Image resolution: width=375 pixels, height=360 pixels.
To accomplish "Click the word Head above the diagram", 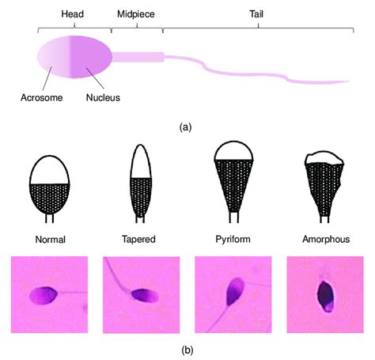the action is [x=73, y=14].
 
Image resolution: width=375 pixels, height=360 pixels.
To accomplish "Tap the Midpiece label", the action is [x=136, y=14].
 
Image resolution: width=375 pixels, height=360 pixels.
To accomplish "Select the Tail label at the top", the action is [x=256, y=14].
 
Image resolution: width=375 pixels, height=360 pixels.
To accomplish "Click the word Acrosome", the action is [x=42, y=97].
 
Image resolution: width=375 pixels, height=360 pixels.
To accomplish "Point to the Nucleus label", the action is [x=103, y=97].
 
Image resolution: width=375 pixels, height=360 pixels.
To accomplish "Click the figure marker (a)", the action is [x=185, y=127].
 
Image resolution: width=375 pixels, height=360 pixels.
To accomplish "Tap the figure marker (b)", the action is [x=187, y=351].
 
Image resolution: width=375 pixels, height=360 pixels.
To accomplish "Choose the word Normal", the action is [x=51, y=240].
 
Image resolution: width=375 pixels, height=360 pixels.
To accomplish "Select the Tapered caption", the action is [x=138, y=240].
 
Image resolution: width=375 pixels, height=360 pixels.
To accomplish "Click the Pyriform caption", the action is [x=233, y=239].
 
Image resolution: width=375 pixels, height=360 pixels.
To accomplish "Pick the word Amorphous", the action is [x=326, y=239].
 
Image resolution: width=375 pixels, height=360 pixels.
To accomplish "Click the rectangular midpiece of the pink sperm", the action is [x=138, y=57].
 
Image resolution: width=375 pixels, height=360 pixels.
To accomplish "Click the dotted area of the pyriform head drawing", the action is [x=234, y=184].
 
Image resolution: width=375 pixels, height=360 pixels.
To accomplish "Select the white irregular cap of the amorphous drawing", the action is [x=324, y=159].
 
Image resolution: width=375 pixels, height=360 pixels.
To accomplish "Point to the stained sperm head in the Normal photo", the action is [x=44, y=295].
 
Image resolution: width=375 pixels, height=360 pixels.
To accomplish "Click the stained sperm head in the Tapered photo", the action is [x=145, y=295].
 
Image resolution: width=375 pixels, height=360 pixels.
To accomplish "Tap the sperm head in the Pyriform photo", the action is [x=235, y=291].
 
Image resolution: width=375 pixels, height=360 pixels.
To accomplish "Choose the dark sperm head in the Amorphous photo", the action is [x=326, y=296].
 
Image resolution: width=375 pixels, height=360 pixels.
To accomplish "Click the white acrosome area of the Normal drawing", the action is [x=50, y=171].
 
